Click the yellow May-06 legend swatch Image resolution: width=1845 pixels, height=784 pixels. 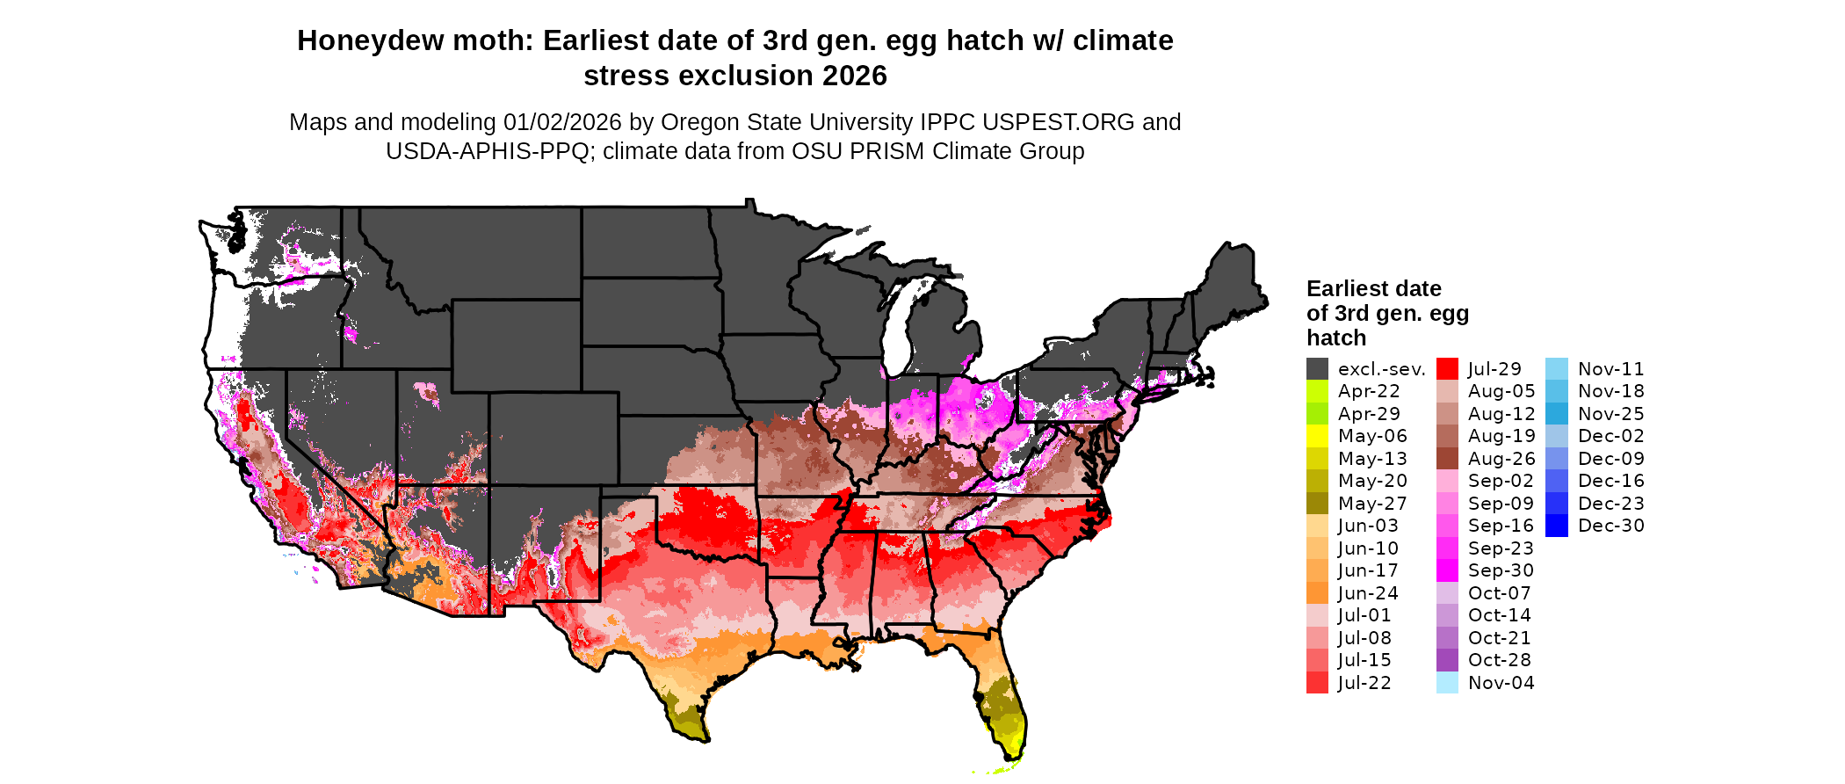[1317, 436]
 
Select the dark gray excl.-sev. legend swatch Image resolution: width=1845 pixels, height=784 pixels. [1317, 369]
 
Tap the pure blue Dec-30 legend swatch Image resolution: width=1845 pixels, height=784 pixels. [1556, 526]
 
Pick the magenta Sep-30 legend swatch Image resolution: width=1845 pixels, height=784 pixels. [1447, 570]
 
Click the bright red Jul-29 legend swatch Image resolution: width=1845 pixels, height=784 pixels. [1447, 369]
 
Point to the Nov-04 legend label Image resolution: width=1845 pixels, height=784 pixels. [1501, 683]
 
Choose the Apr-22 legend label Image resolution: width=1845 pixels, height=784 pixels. [1369, 391]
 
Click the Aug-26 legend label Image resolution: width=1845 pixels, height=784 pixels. [1501, 459]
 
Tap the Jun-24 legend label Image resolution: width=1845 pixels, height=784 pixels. [1368, 593]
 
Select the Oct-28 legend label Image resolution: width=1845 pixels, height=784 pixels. [1499, 660]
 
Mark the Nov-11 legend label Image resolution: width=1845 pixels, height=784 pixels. [1610, 369]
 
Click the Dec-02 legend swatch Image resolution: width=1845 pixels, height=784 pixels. [1556, 436]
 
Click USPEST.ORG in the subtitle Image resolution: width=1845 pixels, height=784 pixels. [1058, 122]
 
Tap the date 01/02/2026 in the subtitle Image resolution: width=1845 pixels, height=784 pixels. [562, 122]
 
